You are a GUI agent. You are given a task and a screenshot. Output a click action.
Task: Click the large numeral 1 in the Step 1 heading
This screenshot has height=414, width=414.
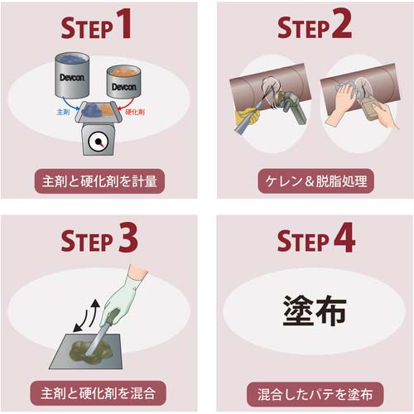coord(123,23)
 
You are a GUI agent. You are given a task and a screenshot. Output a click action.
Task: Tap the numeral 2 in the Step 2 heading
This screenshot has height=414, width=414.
coord(341,23)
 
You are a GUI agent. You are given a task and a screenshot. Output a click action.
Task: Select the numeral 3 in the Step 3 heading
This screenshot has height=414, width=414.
coord(128,238)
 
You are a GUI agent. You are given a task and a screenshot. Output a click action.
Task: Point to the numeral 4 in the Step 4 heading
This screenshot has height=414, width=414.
coord(344,238)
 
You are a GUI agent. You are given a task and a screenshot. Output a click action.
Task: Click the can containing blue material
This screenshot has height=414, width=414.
coord(72,75)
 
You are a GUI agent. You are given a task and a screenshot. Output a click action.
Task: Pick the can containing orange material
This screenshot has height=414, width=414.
coord(124,82)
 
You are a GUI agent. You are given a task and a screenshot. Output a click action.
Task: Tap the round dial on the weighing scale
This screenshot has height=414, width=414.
coord(98,142)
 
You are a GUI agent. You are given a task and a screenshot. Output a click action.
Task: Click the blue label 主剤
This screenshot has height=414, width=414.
coord(63,112)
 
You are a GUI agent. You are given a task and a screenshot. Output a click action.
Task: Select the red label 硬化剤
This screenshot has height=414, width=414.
coord(135,112)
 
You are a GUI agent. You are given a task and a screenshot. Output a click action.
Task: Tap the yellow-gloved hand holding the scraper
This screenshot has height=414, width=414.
coord(247,118)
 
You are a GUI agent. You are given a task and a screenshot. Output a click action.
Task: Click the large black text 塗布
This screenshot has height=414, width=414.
coord(315,310)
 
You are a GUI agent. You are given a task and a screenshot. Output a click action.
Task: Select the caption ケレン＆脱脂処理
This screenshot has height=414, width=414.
coord(316,181)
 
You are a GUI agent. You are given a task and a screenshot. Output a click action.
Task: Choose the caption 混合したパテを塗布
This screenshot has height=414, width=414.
coord(315,394)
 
